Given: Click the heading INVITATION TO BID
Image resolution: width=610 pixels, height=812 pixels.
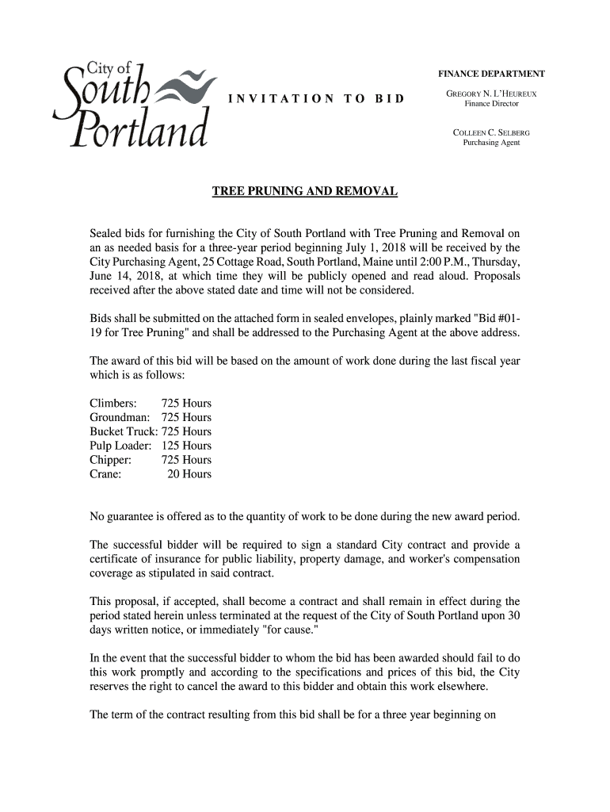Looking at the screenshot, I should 315,99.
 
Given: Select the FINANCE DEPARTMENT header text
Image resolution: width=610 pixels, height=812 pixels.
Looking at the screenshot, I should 491,74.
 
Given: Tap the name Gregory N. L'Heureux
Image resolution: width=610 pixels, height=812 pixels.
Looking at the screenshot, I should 491,94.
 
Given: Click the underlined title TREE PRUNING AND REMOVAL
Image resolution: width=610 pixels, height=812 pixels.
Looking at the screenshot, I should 304,193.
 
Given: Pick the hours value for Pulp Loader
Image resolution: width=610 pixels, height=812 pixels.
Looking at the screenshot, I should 186,446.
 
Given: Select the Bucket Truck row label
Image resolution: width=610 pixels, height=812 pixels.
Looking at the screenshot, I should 124,431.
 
